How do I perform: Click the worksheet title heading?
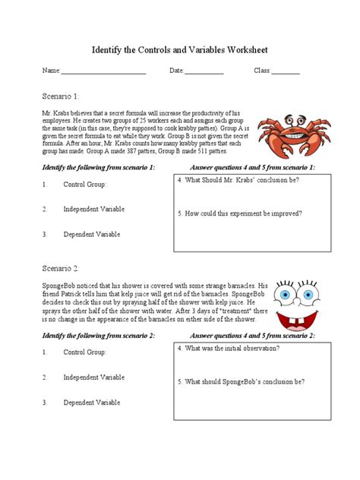180,50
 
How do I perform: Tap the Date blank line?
204,72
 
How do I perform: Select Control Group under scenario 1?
85,185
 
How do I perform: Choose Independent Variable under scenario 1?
94,209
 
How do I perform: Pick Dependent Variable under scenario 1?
92,234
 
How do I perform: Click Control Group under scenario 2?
85,352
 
